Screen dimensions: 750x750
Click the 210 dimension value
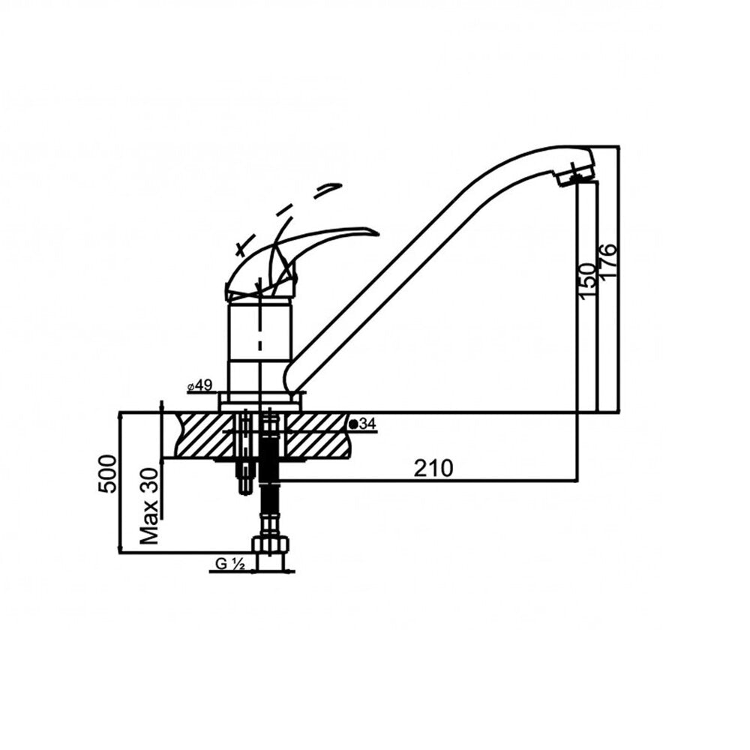[433, 468]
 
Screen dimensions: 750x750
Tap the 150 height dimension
[587, 281]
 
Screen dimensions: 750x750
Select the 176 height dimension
[608, 262]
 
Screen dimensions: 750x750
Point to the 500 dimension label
[107, 474]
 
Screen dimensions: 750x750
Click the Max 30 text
[150, 506]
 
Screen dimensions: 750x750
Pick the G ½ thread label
[230, 565]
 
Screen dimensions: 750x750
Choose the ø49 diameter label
[199, 385]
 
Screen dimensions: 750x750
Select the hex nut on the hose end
[271, 545]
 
